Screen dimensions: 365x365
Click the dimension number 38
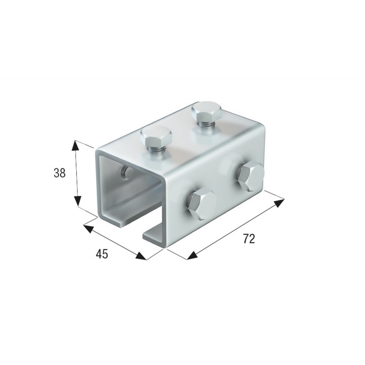(x=59, y=173)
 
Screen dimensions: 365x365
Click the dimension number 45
(x=102, y=254)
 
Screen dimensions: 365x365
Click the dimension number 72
(x=249, y=239)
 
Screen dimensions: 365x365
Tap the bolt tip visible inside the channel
(x=124, y=172)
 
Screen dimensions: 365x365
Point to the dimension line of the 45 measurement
(x=114, y=241)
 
